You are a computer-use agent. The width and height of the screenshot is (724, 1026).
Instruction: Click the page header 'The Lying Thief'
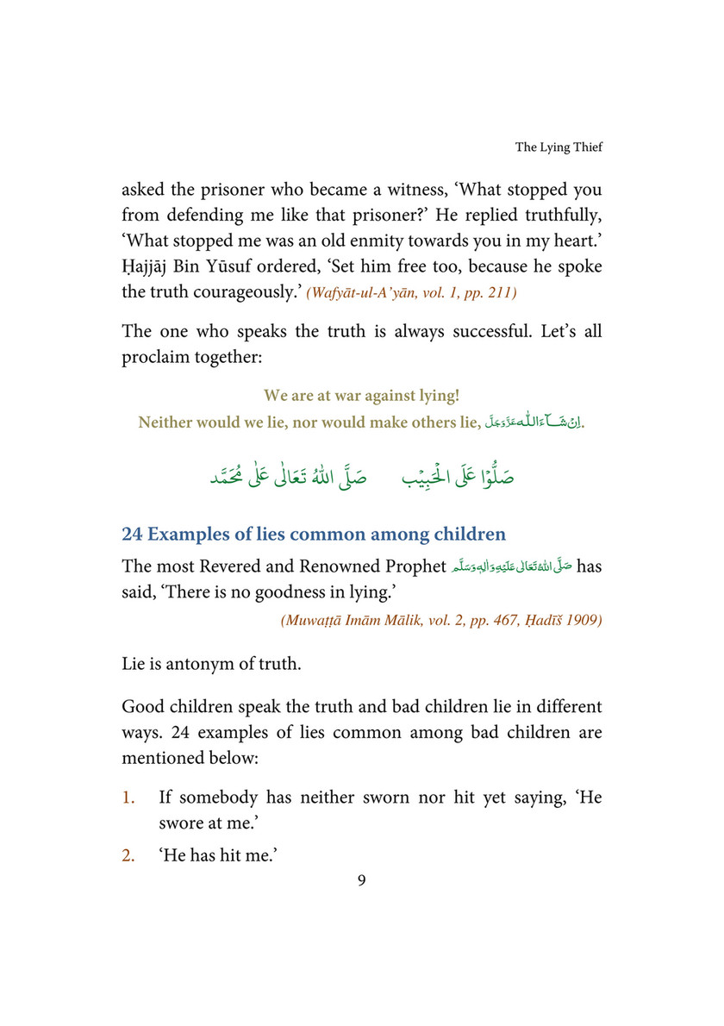[x=559, y=147]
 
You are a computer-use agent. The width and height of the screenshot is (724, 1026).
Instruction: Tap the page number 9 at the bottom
[x=362, y=880]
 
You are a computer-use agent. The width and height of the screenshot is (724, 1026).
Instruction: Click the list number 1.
[x=128, y=798]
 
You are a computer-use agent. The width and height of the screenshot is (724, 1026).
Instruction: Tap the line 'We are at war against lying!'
[x=361, y=396]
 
